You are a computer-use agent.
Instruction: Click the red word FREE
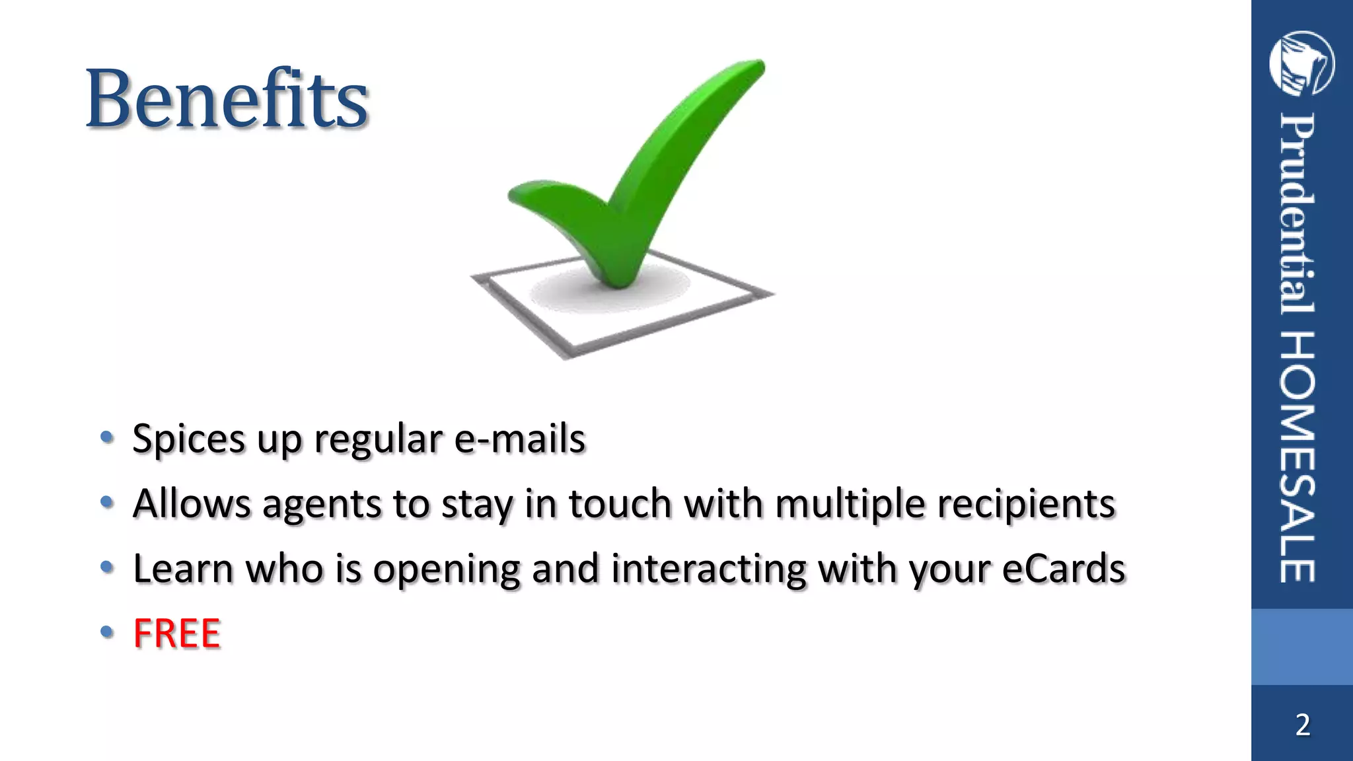[176, 633]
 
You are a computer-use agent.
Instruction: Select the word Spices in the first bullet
[188, 439]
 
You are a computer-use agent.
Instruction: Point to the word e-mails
[520, 439]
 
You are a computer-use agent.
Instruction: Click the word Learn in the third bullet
[183, 568]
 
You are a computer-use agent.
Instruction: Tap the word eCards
[1064, 568]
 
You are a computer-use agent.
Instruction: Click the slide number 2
[1302, 725]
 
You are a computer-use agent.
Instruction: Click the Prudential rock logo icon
[1301, 63]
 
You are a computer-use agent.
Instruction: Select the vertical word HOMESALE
[1298, 457]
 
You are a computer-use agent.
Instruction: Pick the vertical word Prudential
[1298, 215]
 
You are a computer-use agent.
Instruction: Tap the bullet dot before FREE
[107, 633]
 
